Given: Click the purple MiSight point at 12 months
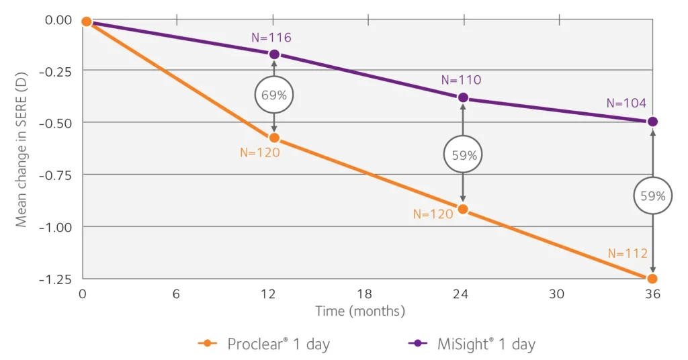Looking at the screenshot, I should tap(274, 54).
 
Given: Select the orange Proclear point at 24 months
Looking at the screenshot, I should tap(462, 209).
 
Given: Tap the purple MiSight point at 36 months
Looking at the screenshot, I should tap(652, 122).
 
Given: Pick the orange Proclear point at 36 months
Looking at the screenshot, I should tap(652, 278).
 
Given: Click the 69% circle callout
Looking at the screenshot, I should tap(274, 95).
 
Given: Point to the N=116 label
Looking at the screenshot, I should tap(271, 38).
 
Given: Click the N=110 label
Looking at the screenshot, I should tap(461, 80).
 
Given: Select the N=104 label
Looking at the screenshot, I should tap(626, 103).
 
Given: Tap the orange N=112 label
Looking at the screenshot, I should tap(628, 253).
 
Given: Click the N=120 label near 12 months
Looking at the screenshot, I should tap(259, 152).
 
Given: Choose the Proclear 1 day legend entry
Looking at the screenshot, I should tap(265, 344).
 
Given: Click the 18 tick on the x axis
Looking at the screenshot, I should tap(365, 294).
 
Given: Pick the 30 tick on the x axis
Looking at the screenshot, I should tap(556, 294).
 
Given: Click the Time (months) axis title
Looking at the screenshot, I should tap(360, 311).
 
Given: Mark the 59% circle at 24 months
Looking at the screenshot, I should tap(462, 155).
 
